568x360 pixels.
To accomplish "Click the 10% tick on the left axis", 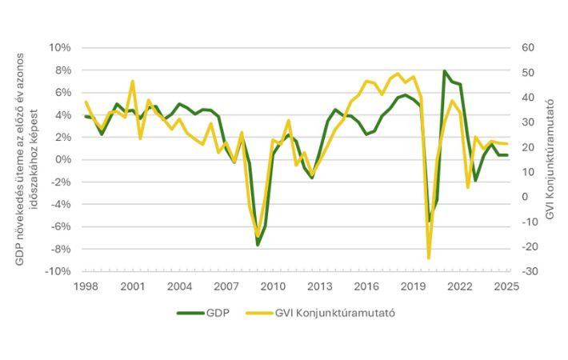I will [60, 47].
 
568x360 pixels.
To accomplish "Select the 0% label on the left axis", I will [63, 159].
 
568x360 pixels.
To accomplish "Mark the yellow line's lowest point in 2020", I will [429, 258].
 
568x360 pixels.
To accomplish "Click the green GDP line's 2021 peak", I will [444, 71].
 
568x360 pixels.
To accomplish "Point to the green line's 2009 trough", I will [258, 245].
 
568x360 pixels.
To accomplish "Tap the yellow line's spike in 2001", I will [132, 81].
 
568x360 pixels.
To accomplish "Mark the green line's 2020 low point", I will [429, 222].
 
